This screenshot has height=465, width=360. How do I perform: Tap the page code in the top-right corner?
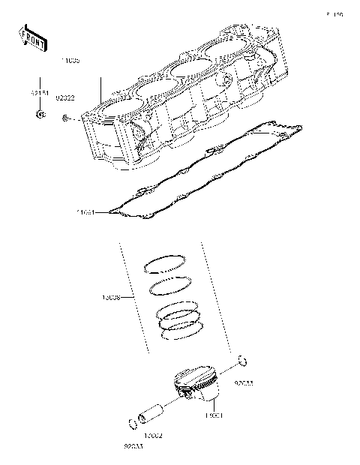[x=334, y=14]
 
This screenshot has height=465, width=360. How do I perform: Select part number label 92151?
[x=39, y=94]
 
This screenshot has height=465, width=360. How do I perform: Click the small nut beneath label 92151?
[x=41, y=114]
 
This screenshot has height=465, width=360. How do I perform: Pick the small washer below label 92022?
[x=67, y=118]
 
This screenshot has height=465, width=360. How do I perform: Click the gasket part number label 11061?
[x=86, y=213]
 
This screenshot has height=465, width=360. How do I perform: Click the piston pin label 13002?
[x=154, y=435]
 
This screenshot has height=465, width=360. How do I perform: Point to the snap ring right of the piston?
[x=241, y=361]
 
